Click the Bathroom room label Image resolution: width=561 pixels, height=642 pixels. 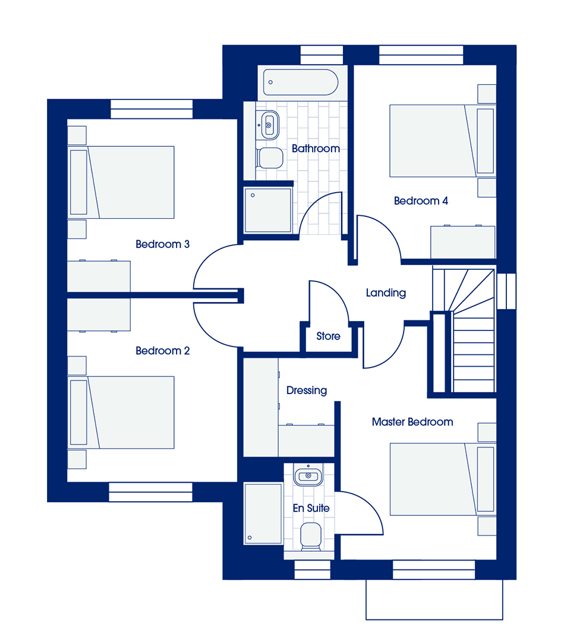(x=316, y=148)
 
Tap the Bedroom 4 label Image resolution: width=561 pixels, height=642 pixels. (x=421, y=201)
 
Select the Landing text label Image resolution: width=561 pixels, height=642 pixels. (x=386, y=292)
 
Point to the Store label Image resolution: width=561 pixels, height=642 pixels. (x=328, y=336)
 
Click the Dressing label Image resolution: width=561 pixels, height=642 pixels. (x=307, y=391)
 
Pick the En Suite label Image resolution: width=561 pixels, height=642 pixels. (x=311, y=508)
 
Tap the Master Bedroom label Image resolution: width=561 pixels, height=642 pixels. (x=412, y=421)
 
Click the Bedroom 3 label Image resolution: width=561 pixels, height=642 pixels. (x=162, y=244)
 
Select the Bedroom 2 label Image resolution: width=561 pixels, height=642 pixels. (x=162, y=351)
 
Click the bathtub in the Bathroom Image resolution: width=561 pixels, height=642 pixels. (x=301, y=82)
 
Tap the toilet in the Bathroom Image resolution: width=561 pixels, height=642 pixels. (x=270, y=158)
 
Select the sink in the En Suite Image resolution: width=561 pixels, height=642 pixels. (x=308, y=475)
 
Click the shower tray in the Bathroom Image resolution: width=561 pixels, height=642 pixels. (x=268, y=210)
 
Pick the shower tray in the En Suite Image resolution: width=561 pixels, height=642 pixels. (x=263, y=514)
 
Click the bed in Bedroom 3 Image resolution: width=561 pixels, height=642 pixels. (x=122, y=182)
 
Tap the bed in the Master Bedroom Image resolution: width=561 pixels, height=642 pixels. (x=443, y=479)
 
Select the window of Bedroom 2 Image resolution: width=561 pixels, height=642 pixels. (x=150, y=492)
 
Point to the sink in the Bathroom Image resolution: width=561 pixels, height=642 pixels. (x=269, y=125)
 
